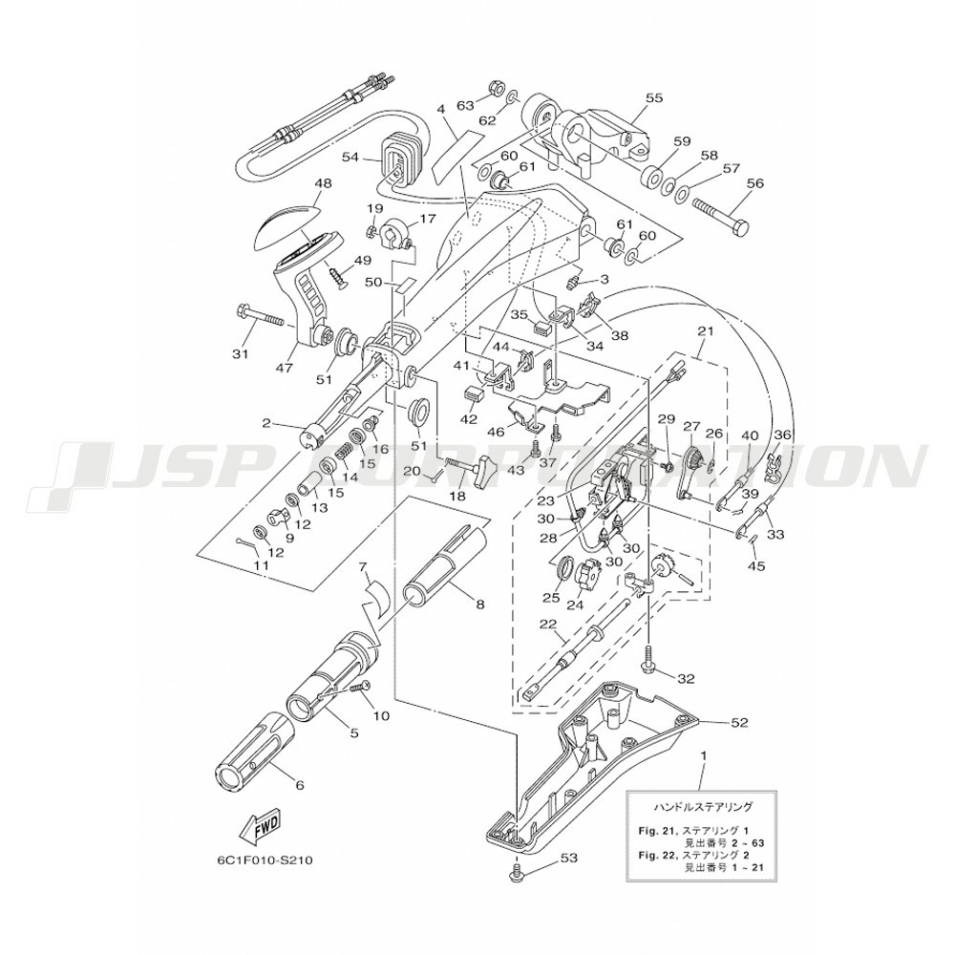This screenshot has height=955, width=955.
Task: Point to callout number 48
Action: (x=296, y=183)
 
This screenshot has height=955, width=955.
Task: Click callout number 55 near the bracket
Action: (x=653, y=97)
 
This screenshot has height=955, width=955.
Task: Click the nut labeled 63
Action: (x=496, y=89)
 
